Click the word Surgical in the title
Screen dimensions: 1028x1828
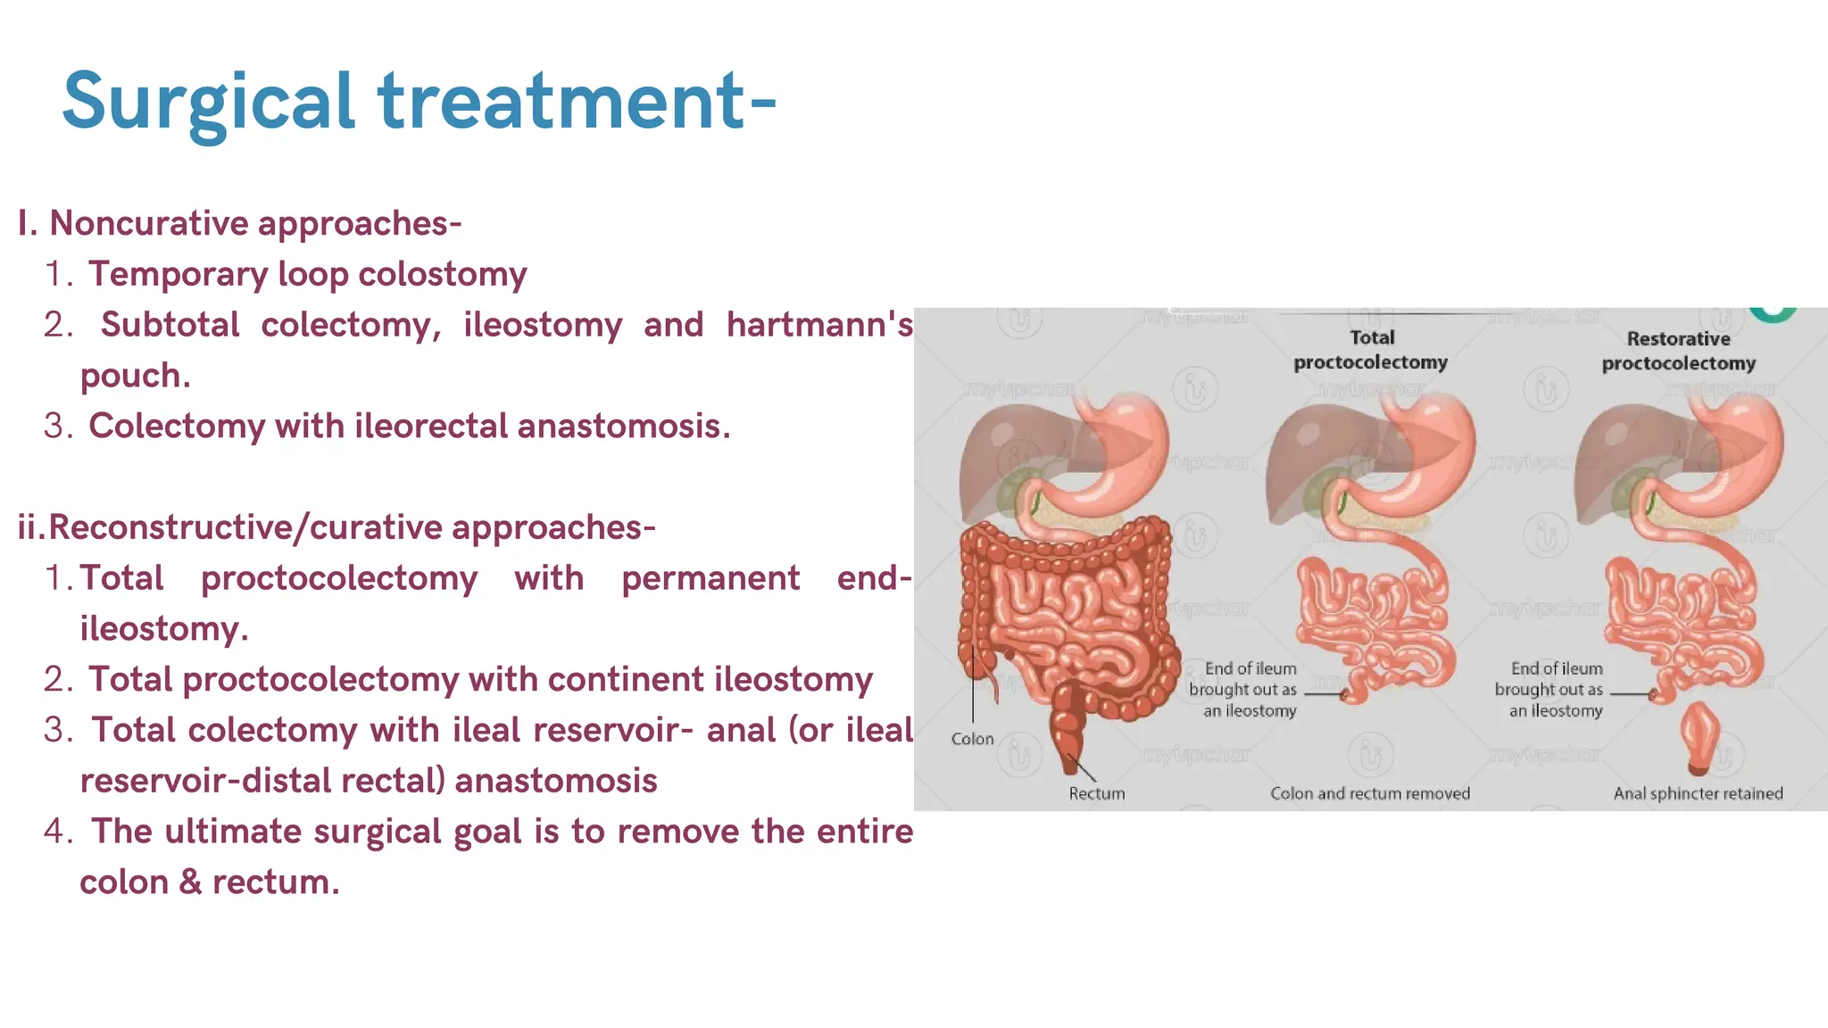(x=209, y=102)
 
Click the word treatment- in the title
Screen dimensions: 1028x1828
(x=577, y=102)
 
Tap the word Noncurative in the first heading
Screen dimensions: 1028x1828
(x=146, y=223)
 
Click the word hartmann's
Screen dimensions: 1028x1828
(x=818, y=325)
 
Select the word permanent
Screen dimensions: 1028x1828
(x=710, y=578)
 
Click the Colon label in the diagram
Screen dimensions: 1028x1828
(x=972, y=739)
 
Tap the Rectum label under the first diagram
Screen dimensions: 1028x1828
(x=1096, y=793)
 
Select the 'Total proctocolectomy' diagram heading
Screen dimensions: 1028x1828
(x=1371, y=350)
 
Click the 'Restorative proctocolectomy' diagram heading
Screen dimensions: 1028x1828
(x=1678, y=351)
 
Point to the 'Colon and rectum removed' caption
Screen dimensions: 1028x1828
(x=1369, y=793)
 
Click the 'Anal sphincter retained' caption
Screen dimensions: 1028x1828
(x=1698, y=793)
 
